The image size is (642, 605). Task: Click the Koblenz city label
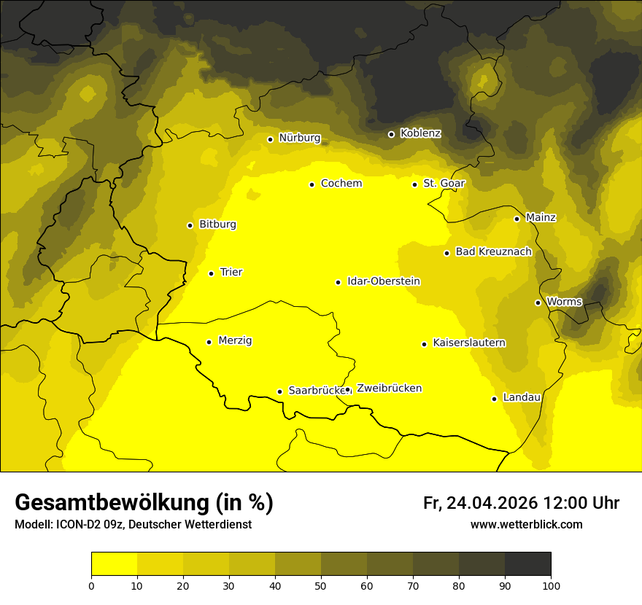420,133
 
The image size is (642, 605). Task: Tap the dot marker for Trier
211,273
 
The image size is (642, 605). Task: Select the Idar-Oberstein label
383,281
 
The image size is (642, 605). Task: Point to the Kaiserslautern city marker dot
424,344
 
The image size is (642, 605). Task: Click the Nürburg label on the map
299,138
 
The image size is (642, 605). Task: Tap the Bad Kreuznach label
493,251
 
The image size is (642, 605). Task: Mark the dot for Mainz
517,219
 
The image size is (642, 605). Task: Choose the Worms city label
564,301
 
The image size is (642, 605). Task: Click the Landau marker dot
494,399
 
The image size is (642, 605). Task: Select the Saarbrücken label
316,390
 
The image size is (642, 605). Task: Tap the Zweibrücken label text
389,389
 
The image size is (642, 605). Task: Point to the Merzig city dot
209,342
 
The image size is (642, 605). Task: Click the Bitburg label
217,225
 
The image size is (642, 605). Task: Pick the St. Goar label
444,183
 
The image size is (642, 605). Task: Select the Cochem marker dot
312,184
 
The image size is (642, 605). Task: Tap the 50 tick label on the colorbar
321,585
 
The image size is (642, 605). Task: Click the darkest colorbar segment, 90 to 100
527,564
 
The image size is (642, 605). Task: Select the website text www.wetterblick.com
526,525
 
